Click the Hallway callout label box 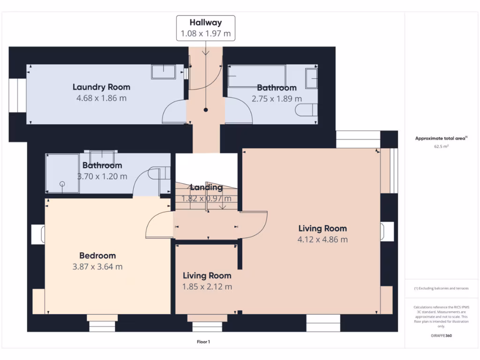[x=206, y=28]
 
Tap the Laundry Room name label [x=101, y=87]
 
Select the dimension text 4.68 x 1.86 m [x=101, y=98]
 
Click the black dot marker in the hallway [x=206, y=110]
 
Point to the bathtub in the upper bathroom [x=257, y=75]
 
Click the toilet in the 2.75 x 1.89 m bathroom [x=306, y=110]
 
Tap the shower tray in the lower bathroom [x=62, y=173]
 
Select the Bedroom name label [x=97, y=255]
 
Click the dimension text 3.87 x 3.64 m [x=97, y=267]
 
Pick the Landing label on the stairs [x=206, y=187]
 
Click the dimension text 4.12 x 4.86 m [x=322, y=240]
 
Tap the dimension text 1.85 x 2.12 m [x=207, y=286]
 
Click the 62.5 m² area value [x=441, y=146]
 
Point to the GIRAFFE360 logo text [x=442, y=336]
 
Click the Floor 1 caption [x=203, y=342]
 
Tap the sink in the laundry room [x=164, y=72]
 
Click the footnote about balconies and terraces [x=442, y=288]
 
